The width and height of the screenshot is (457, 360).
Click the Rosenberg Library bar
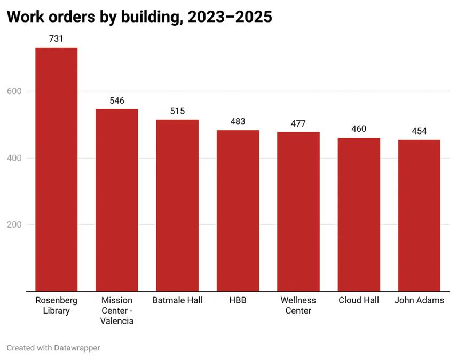point(56,169)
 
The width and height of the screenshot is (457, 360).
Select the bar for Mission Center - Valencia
point(117,200)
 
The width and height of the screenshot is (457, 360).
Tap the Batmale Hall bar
point(177,206)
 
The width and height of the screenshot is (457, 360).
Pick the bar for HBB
point(238,211)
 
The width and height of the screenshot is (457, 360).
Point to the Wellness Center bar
point(298,212)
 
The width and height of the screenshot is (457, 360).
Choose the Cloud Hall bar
point(359,215)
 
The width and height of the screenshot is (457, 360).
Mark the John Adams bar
point(419,216)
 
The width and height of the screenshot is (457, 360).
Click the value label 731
point(56,39)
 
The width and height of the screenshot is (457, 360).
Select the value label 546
point(117,100)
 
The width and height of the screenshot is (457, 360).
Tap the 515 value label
point(177,111)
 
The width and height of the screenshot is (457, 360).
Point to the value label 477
point(298,124)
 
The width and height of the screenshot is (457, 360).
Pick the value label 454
point(419,131)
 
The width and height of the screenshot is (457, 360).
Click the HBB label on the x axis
point(238,300)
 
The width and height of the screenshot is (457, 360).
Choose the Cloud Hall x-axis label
point(359,300)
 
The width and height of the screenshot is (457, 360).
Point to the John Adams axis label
point(419,300)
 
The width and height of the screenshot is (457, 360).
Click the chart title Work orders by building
point(139,17)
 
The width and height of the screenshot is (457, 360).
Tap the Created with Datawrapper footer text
point(53,348)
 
